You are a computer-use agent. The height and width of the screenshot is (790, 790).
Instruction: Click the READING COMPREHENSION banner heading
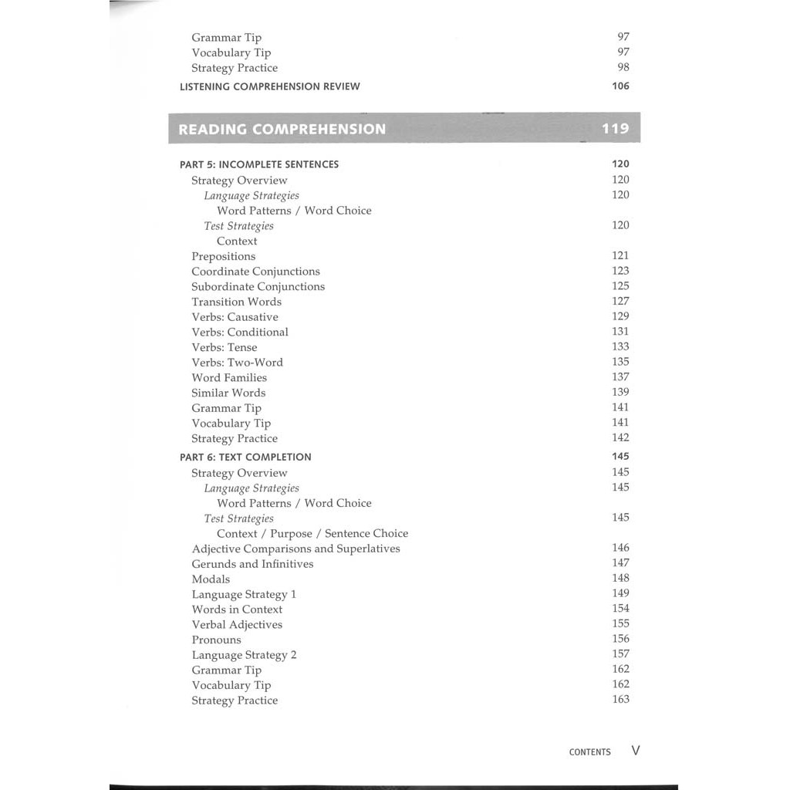[x=282, y=129]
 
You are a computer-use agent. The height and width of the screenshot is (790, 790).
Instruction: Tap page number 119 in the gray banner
[x=615, y=129]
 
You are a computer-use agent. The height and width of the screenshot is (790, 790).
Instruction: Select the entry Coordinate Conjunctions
[x=255, y=272]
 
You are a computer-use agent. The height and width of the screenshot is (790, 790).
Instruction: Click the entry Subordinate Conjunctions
[x=258, y=286]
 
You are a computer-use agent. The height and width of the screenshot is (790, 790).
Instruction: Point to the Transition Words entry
[x=236, y=302]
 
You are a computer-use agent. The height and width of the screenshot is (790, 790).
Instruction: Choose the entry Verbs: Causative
[x=235, y=317]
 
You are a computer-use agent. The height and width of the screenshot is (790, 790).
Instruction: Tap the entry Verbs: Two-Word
[x=237, y=363]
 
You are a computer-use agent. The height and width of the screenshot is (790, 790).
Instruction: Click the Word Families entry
[x=229, y=377]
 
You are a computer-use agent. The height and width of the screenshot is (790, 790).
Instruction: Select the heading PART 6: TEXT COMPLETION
[x=245, y=457]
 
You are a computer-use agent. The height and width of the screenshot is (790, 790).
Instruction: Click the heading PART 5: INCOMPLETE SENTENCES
[x=259, y=164]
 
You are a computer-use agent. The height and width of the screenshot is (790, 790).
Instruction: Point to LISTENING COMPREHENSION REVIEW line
[x=269, y=86]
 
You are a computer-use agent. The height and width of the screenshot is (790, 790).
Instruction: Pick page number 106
[x=620, y=86]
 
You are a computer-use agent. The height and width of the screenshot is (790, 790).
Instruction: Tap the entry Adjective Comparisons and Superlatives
[x=295, y=549]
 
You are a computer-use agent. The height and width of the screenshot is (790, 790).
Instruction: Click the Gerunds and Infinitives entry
[x=252, y=564]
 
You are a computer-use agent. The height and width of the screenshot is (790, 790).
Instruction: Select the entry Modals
[x=211, y=579]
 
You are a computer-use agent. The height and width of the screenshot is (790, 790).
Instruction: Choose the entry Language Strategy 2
[x=244, y=655]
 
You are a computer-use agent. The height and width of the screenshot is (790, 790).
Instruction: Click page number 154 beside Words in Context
[x=620, y=608]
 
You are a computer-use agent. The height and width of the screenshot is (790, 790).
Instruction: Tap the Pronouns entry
[x=216, y=640]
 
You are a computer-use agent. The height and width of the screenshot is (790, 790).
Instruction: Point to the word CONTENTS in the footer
[x=589, y=752]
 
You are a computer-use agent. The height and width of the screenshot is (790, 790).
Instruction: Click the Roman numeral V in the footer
[x=636, y=751]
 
